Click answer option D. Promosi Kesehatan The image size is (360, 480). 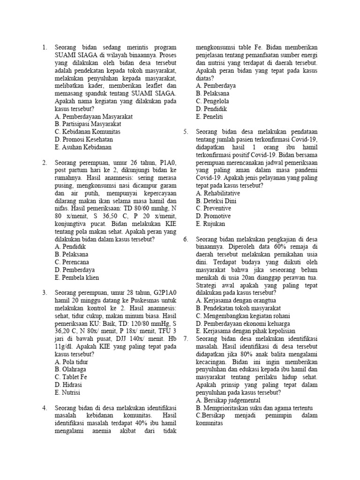84,139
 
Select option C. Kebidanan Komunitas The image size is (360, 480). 87,132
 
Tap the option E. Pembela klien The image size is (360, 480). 77,277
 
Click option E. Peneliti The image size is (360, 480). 212,117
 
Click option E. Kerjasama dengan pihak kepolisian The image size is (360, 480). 246,330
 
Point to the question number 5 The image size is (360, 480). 186,132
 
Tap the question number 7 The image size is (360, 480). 186,338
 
